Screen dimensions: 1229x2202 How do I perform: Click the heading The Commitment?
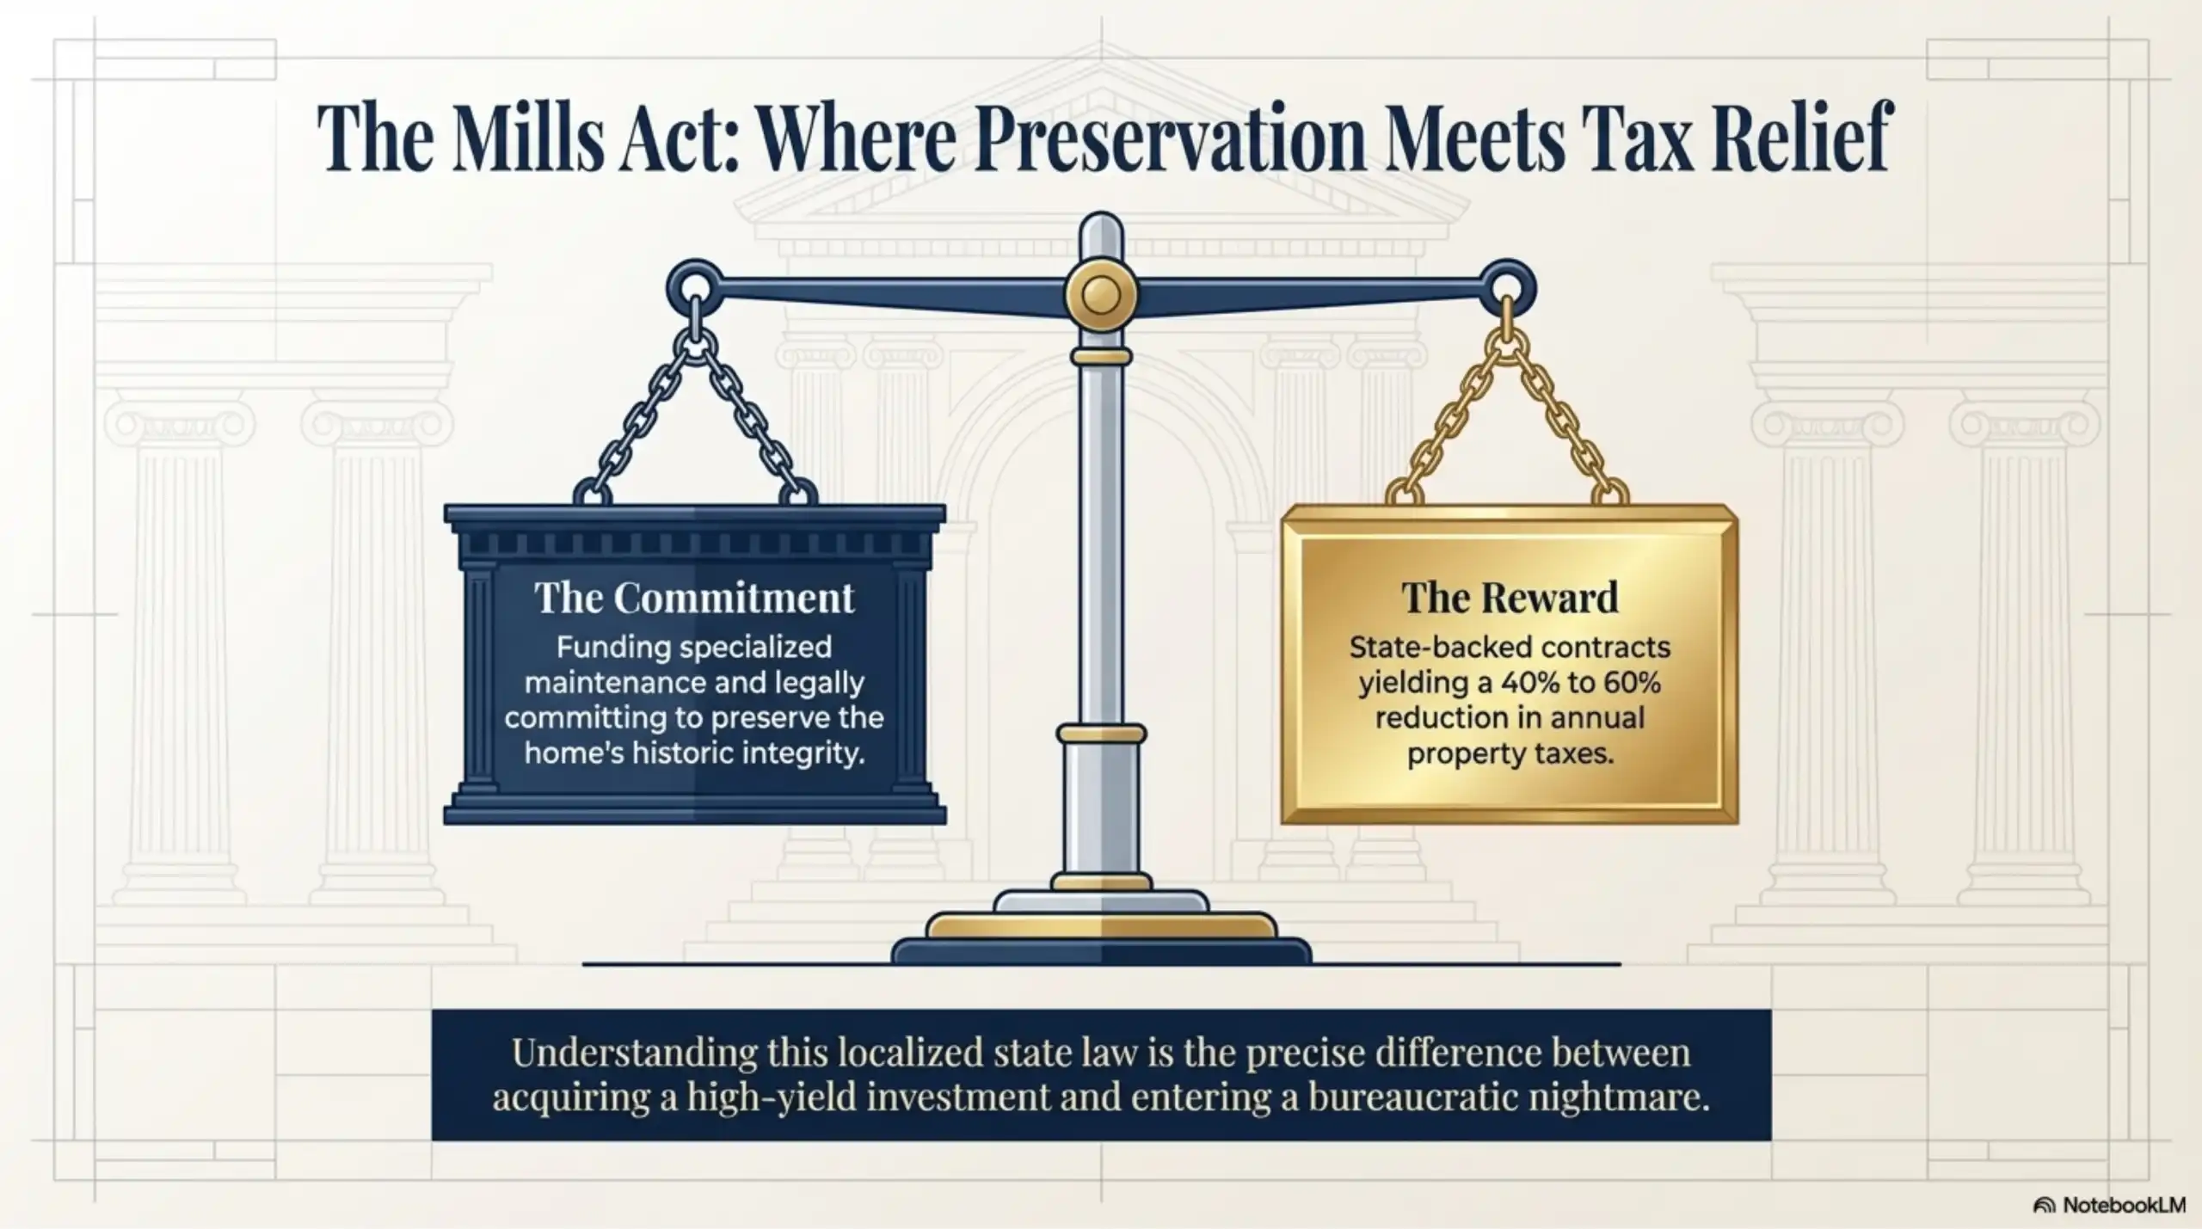tap(694, 598)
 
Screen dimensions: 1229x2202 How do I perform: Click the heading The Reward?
tap(1510, 598)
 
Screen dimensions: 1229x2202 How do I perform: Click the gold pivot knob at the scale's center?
tap(1100, 295)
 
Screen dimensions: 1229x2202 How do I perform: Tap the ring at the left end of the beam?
tap(693, 285)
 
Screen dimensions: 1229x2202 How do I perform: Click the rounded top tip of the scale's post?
tap(1100, 225)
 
